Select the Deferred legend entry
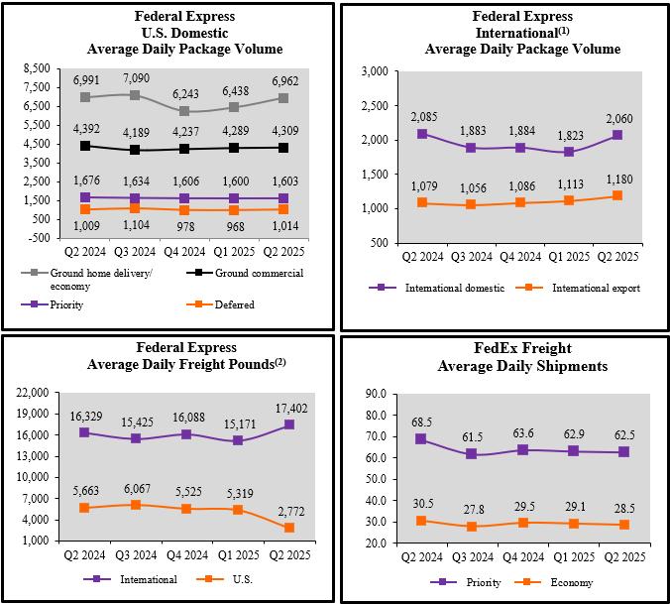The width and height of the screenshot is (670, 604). (234, 304)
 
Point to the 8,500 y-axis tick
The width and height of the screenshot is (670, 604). (36, 68)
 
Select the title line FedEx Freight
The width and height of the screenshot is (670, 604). (505, 348)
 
